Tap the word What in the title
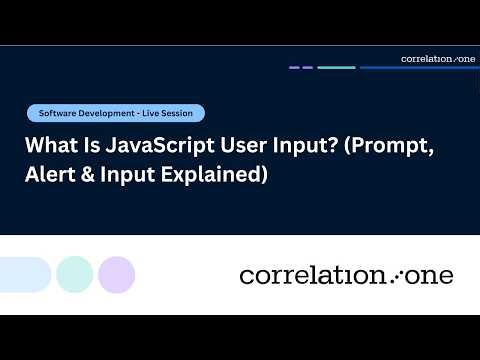click(47, 145)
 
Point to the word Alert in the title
click(49, 175)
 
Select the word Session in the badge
click(183, 113)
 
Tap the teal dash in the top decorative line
click(336, 68)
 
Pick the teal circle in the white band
click(74, 274)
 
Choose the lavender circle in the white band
click(116, 274)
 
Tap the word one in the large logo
click(429, 275)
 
